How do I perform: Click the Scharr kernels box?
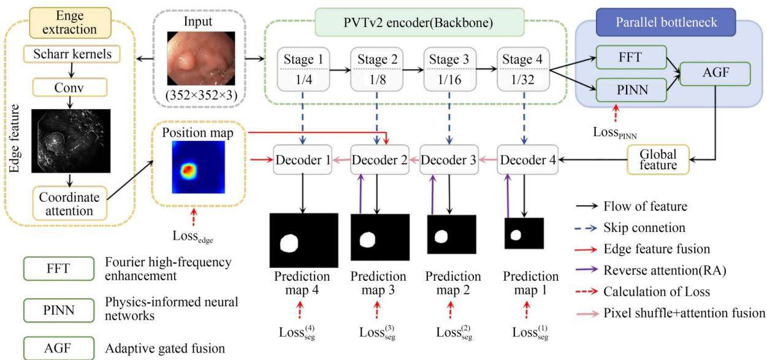(72, 54)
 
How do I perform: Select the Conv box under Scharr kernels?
(70, 87)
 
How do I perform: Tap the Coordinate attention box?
(70, 204)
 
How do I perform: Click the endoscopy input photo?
(201, 59)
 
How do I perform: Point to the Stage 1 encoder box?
(303, 69)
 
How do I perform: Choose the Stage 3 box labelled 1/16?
(449, 69)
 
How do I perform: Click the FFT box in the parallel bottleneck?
(631, 57)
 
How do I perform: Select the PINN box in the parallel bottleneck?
(631, 90)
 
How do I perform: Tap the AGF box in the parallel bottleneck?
(715, 74)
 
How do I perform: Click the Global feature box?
(658, 159)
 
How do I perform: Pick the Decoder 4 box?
(528, 159)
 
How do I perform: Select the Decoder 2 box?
(380, 159)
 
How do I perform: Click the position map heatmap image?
(198, 167)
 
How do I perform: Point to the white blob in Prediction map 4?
(289, 243)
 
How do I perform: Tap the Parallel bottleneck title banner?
(666, 22)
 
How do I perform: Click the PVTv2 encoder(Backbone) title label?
(419, 23)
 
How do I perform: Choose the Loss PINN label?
(615, 132)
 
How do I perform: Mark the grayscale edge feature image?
(71, 141)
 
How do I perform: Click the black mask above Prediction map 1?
(524, 233)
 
